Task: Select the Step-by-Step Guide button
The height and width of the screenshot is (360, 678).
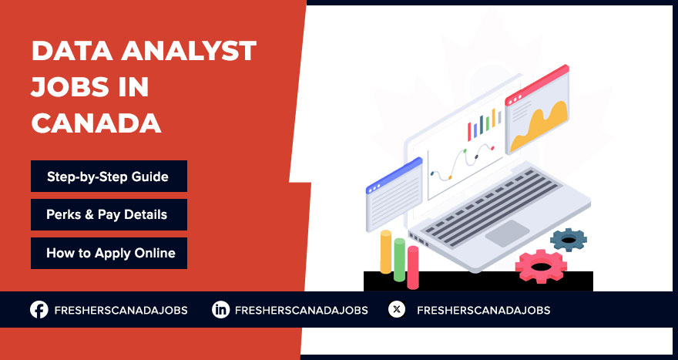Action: point(109,177)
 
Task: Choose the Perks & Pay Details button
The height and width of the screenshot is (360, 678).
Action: point(109,214)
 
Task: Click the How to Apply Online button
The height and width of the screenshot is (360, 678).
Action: point(109,253)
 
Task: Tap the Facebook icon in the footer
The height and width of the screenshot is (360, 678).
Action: point(39,310)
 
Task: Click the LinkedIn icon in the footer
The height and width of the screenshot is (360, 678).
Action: point(221,310)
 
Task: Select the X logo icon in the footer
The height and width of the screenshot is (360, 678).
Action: point(396,310)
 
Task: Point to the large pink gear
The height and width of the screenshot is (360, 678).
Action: point(541,266)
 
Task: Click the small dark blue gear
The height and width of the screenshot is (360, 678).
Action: point(569,240)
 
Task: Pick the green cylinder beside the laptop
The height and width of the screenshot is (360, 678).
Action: point(399,260)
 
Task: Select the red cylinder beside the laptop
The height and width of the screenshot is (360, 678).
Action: point(413,267)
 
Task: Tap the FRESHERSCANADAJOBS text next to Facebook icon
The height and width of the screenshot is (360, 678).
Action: point(120,310)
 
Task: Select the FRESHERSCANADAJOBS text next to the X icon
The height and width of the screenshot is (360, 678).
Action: point(483,310)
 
